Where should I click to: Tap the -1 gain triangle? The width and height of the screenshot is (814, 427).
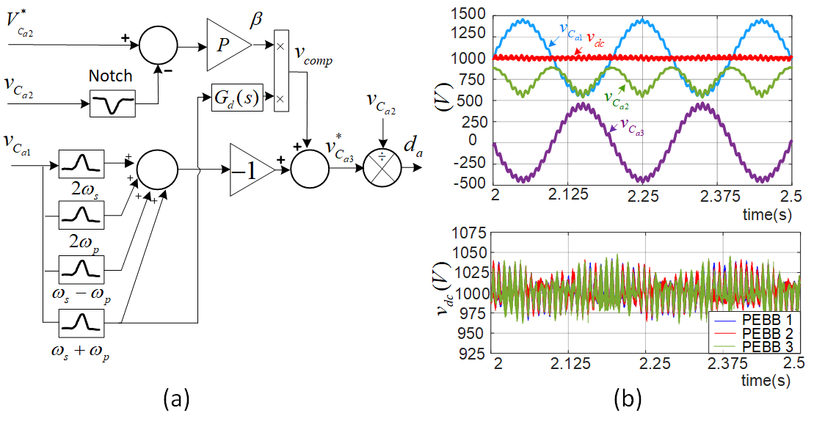coord(250,169)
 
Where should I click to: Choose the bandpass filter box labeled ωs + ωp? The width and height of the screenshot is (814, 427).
coord(81,321)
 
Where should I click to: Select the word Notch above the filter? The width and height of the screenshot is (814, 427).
coord(111,76)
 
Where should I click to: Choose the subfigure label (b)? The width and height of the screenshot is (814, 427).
coord(628,399)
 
